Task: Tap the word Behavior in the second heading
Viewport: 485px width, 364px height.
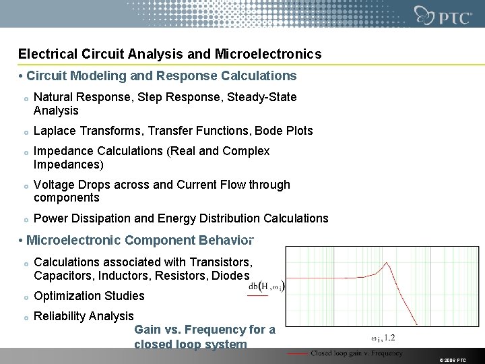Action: coord(226,240)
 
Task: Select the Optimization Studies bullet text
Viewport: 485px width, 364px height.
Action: coord(89,296)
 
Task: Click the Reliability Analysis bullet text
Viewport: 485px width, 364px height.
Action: coord(84,316)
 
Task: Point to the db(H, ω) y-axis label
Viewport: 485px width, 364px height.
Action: coord(266,286)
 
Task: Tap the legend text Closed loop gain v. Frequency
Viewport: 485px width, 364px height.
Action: coord(356,353)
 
